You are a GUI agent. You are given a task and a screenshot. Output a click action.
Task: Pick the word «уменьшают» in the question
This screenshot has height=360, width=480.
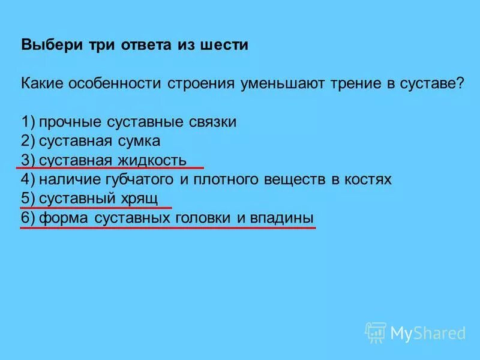(281, 84)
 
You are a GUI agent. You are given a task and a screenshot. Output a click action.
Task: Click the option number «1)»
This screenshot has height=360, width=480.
(28, 122)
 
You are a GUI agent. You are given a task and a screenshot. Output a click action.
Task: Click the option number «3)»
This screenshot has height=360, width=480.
(28, 161)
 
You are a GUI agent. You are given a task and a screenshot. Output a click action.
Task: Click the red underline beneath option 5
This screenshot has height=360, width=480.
(96, 208)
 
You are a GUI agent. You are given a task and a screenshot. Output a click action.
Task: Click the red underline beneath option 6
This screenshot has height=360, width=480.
(167, 227)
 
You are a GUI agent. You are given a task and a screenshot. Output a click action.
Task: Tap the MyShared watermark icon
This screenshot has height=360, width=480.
(376, 332)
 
